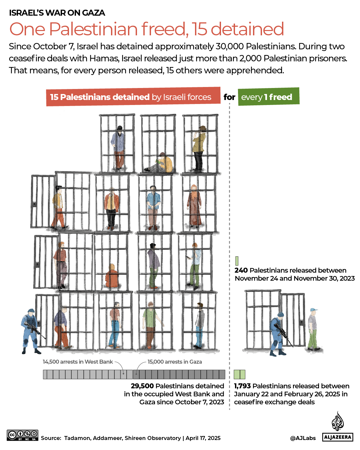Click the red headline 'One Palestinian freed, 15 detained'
147,29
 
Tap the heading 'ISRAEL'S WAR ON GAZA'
57,13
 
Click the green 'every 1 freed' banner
268,97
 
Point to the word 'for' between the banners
229,97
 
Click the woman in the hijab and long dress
194,205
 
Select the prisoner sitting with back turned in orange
112,277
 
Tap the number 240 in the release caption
241,270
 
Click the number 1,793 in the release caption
242,386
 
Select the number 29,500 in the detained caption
142,386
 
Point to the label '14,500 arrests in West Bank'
78,362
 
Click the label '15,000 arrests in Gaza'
175,362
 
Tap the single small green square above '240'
237,261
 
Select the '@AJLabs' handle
303,438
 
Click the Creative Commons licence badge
22,435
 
